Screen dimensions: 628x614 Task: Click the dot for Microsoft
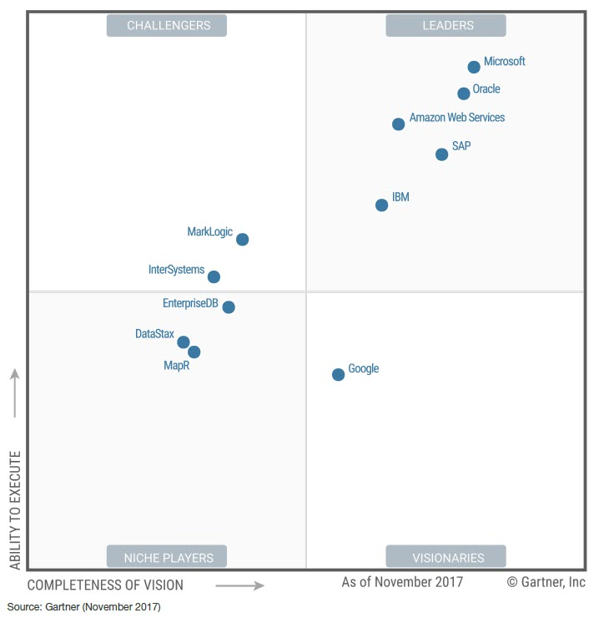[474, 67]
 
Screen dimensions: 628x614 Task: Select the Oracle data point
[464, 94]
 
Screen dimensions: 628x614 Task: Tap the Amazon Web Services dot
[398, 124]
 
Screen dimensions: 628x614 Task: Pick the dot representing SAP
[442, 154]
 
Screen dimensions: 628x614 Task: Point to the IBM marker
[381, 205]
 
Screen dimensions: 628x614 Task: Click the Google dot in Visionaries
[338, 374]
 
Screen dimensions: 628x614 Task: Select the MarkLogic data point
[242, 239]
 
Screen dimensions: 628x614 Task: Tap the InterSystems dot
[214, 276]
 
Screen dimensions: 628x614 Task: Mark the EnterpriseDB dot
[229, 306]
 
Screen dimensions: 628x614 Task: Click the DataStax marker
[184, 342]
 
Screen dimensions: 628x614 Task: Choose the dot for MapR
[194, 352]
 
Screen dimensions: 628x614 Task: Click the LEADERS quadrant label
[445, 26]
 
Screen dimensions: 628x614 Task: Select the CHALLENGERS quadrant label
[167, 26]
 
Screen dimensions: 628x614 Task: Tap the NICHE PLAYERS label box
[167, 557]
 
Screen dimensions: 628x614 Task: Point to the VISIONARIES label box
[445, 557]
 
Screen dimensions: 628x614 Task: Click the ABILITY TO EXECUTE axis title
[15, 509]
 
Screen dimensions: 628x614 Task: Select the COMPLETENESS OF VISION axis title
[105, 585]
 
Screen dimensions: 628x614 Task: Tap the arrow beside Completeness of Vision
[240, 585]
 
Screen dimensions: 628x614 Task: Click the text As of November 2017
[402, 582]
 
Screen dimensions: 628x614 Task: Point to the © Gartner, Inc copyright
[546, 582]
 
